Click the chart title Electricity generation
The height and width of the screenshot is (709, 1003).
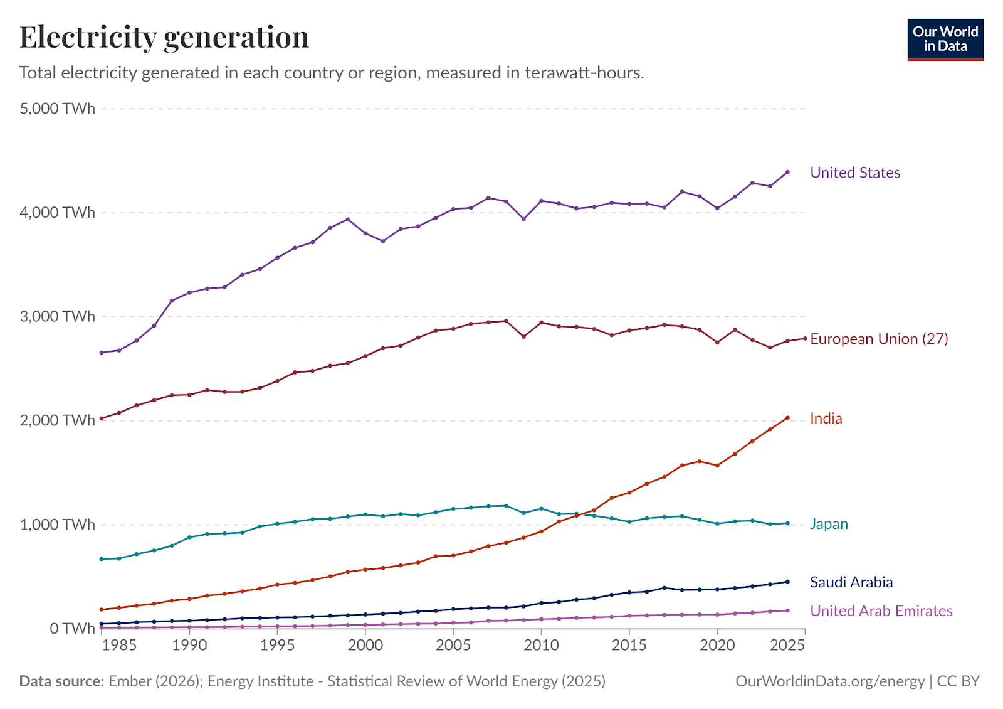click(164, 37)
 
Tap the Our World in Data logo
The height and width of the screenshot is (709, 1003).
click(945, 40)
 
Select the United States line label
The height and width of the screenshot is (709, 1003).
click(855, 173)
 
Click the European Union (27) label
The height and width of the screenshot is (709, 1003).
click(879, 339)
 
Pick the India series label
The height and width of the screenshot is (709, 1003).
click(826, 418)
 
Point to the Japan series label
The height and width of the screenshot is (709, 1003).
click(829, 524)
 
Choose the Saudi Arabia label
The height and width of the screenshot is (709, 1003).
click(851, 582)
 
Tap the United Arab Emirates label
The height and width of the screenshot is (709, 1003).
click(881, 611)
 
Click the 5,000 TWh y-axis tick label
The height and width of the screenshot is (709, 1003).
click(57, 109)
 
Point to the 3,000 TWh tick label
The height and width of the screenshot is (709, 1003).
click(57, 316)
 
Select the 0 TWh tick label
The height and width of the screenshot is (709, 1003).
click(73, 628)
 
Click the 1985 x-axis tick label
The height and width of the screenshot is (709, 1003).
click(118, 646)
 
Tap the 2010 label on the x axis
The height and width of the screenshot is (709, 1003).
click(542, 646)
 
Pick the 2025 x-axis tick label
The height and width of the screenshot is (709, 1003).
click(787, 646)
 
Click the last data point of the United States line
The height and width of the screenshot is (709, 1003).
click(787, 172)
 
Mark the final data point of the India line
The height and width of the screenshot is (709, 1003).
click(787, 418)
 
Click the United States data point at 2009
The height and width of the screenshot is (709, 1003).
click(524, 219)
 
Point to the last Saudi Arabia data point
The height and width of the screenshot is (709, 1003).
click(787, 582)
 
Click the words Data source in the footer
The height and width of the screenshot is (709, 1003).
click(62, 681)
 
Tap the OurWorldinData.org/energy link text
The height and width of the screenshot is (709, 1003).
click(830, 681)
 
